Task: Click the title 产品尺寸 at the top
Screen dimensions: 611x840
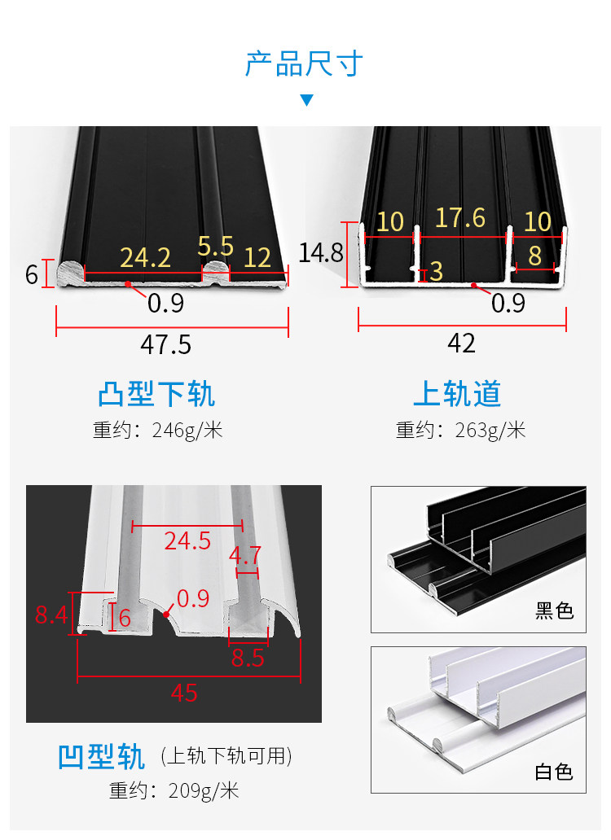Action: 304,63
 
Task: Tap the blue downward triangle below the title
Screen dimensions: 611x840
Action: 306,100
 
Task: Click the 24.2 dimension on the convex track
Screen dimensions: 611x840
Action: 145,258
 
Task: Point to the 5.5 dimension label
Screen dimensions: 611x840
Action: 215,247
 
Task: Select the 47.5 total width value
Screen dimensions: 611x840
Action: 165,344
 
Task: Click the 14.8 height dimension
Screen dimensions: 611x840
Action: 320,253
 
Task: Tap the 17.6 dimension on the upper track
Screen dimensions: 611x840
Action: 459,218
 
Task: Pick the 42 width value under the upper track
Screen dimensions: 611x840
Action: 461,343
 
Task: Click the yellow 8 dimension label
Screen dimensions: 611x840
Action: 534,256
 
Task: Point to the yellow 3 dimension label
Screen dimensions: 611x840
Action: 437,272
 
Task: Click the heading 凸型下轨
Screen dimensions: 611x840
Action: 156,394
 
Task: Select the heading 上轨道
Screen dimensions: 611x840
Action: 457,394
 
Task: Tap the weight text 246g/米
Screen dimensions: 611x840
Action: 187,431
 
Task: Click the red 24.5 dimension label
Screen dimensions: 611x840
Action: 187,540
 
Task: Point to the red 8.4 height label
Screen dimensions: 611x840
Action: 51,615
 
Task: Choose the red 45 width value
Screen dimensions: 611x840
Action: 184,693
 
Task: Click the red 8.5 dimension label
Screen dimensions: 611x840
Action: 248,658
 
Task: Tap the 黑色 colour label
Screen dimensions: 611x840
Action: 554,610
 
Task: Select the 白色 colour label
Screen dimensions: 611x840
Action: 554,772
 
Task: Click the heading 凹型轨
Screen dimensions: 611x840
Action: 101,756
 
